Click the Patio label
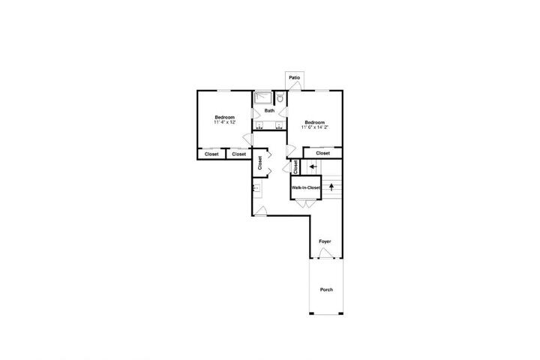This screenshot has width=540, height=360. (x=295, y=78)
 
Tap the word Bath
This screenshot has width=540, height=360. (x=269, y=110)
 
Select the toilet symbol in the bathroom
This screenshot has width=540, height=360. (x=280, y=97)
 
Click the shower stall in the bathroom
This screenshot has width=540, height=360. (x=263, y=97)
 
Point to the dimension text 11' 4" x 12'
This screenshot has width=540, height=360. (x=225, y=122)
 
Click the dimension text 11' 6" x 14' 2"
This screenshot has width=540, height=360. (x=315, y=127)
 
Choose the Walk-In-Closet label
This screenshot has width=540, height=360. (x=306, y=187)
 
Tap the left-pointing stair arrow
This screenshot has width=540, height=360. (x=313, y=166)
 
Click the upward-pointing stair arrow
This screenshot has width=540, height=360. (x=331, y=187)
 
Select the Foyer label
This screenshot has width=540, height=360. (x=325, y=241)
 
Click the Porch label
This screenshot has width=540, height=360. (x=326, y=289)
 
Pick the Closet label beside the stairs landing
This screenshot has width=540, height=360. (x=295, y=167)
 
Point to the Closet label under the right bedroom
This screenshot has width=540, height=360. (x=322, y=153)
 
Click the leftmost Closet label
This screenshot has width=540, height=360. (x=211, y=154)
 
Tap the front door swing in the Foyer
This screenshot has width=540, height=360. (x=325, y=253)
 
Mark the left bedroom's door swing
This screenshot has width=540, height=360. (x=248, y=139)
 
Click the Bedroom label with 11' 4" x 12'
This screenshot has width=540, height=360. (x=225, y=118)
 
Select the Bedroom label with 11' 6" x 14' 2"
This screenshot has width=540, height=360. (x=315, y=122)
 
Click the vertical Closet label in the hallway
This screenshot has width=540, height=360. (x=260, y=163)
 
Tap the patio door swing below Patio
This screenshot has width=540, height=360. (x=295, y=86)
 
